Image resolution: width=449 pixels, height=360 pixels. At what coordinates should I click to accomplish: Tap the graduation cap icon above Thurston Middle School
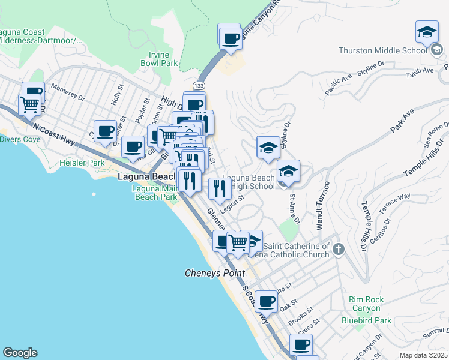(x=427, y=33)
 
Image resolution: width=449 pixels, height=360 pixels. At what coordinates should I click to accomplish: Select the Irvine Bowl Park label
(x=159, y=58)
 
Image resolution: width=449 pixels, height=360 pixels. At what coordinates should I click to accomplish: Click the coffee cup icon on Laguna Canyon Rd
(x=229, y=39)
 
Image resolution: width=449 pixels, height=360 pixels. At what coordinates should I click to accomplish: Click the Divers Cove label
(x=21, y=139)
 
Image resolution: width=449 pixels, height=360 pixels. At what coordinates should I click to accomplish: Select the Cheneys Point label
(x=214, y=273)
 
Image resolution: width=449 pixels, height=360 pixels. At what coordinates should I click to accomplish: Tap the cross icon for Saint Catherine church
(x=339, y=248)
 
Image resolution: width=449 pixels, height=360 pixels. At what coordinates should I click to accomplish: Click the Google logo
(x=20, y=353)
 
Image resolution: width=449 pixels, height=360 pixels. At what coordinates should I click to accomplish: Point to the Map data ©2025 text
(x=423, y=355)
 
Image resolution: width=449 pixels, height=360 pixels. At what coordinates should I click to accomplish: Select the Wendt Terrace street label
(x=319, y=212)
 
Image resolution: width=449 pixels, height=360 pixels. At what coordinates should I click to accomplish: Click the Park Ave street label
(x=403, y=120)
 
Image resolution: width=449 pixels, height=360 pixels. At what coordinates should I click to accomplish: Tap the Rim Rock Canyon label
(x=366, y=304)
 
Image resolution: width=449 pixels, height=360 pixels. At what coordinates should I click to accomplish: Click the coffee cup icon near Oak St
(x=265, y=301)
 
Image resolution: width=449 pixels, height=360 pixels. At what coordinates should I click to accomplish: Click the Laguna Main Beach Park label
(x=154, y=193)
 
